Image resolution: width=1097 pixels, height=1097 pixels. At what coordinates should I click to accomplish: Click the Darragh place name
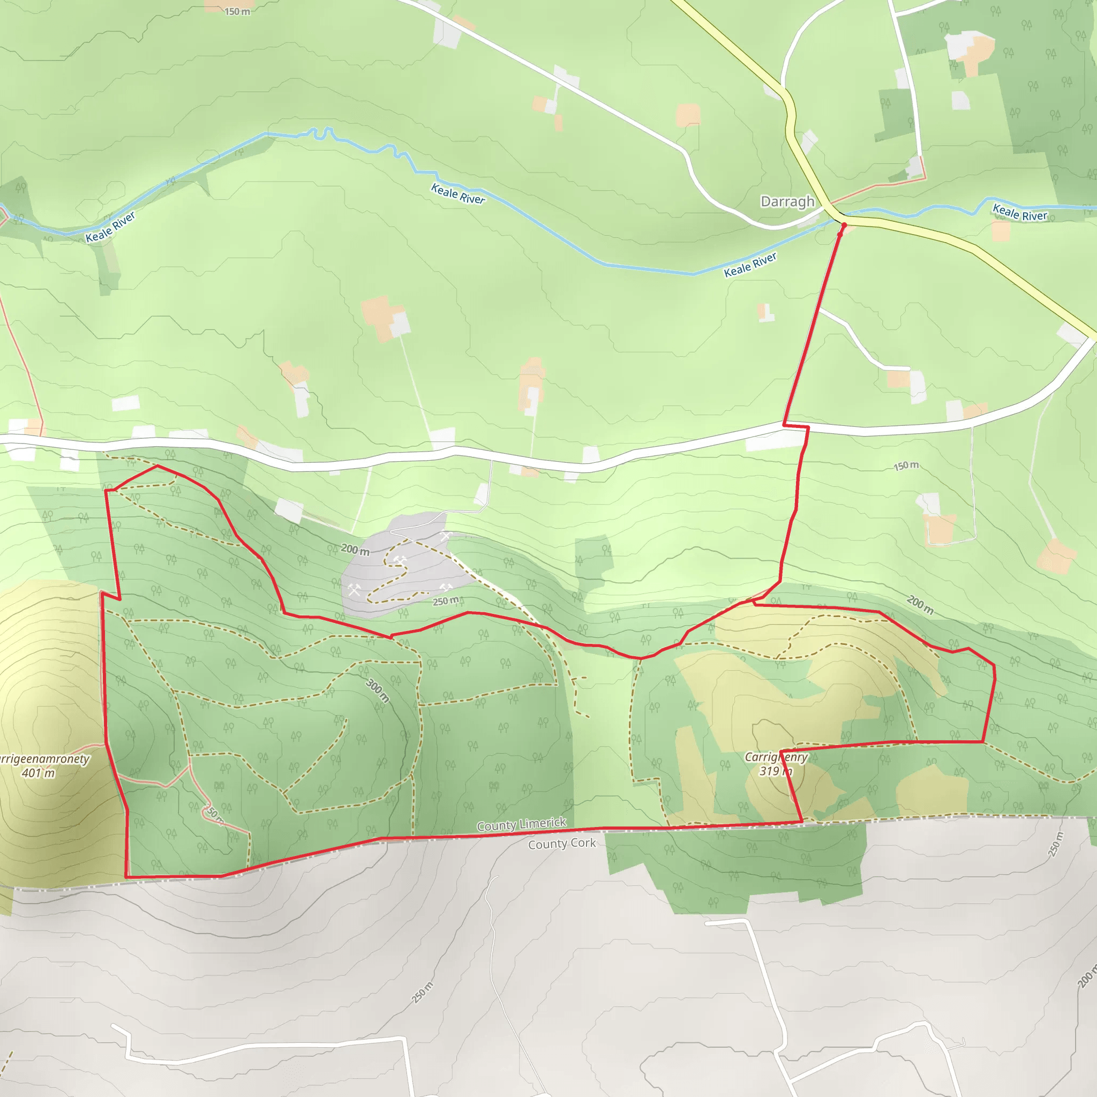tap(787, 201)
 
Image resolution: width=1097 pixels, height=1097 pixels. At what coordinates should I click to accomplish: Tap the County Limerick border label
tap(521, 824)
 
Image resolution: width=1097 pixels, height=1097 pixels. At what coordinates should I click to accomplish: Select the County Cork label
tap(561, 844)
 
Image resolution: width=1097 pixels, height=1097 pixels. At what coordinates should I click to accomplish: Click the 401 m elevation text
tap(38, 773)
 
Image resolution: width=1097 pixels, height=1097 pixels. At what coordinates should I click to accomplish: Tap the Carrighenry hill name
tap(776, 757)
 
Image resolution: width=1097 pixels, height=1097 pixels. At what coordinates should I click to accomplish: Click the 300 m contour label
tap(378, 690)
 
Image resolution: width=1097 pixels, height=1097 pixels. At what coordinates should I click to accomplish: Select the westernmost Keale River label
tap(110, 227)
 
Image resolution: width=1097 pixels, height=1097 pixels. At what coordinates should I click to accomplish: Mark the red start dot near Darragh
tap(844, 226)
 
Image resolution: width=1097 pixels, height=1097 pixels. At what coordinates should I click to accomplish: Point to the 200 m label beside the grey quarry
tap(355, 550)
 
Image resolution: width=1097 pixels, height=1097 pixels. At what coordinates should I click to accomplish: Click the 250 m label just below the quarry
tap(445, 601)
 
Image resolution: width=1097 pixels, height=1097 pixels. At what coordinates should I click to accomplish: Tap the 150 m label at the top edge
tap(237, 11)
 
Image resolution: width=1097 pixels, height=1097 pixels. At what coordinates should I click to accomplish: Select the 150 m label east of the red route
tap(906, 465)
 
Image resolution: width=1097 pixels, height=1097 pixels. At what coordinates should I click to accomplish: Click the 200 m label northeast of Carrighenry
tap(920, 605)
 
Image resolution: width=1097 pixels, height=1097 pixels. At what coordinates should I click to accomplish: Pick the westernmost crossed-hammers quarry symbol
tap(354, 590)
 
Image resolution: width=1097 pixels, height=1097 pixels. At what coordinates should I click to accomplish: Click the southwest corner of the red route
tap(126, 877)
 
